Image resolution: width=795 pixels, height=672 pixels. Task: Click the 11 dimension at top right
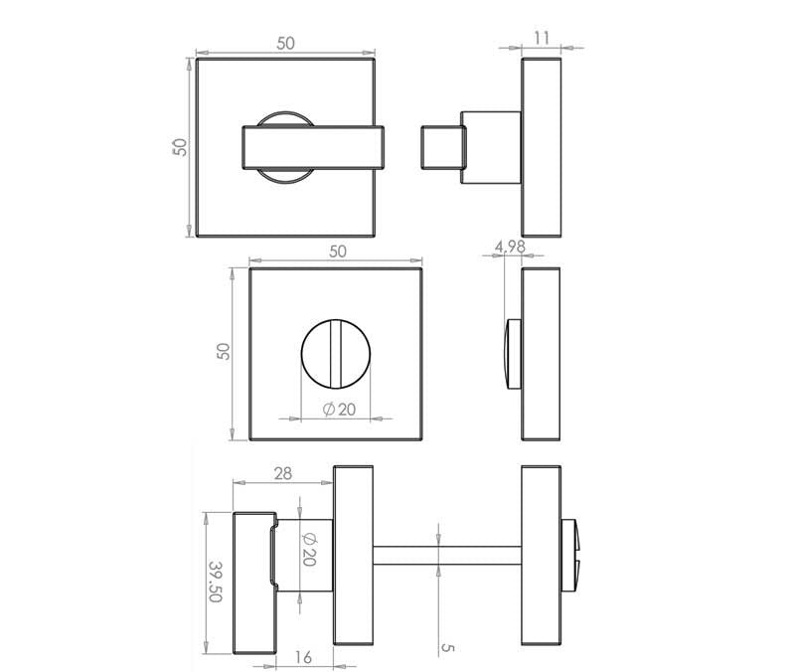tap(542, 38)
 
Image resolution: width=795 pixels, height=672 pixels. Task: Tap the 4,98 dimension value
tap(510, 247)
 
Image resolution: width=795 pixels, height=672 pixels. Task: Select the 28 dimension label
tap(283, 474)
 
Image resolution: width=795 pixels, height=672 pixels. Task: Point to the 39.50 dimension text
tap(216, 582)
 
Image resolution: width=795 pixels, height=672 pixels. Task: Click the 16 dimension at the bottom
tap(303, 657)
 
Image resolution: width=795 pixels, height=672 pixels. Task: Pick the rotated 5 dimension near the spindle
tap(448, 648)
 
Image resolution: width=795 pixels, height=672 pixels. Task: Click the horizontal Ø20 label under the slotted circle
tap(339, 410)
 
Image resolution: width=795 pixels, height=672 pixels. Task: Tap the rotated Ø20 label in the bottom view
tap(309, 550)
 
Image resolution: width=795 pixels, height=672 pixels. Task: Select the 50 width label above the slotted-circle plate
tap(338, 252)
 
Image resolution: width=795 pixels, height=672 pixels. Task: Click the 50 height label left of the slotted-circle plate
tap(223, 352)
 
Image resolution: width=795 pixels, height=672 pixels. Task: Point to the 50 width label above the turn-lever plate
tap(285, 44)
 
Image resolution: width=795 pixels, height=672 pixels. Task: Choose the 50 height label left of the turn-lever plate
tap(180, 147)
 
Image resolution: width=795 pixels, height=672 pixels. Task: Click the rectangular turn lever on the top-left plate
tap(313, 147)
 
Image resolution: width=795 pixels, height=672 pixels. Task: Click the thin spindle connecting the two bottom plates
tap(447, 556)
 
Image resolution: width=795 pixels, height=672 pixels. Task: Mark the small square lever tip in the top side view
tap(442, 147)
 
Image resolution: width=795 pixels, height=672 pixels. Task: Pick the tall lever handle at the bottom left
tap(254, 583)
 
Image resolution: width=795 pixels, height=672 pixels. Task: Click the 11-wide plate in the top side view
tap(541, 147)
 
